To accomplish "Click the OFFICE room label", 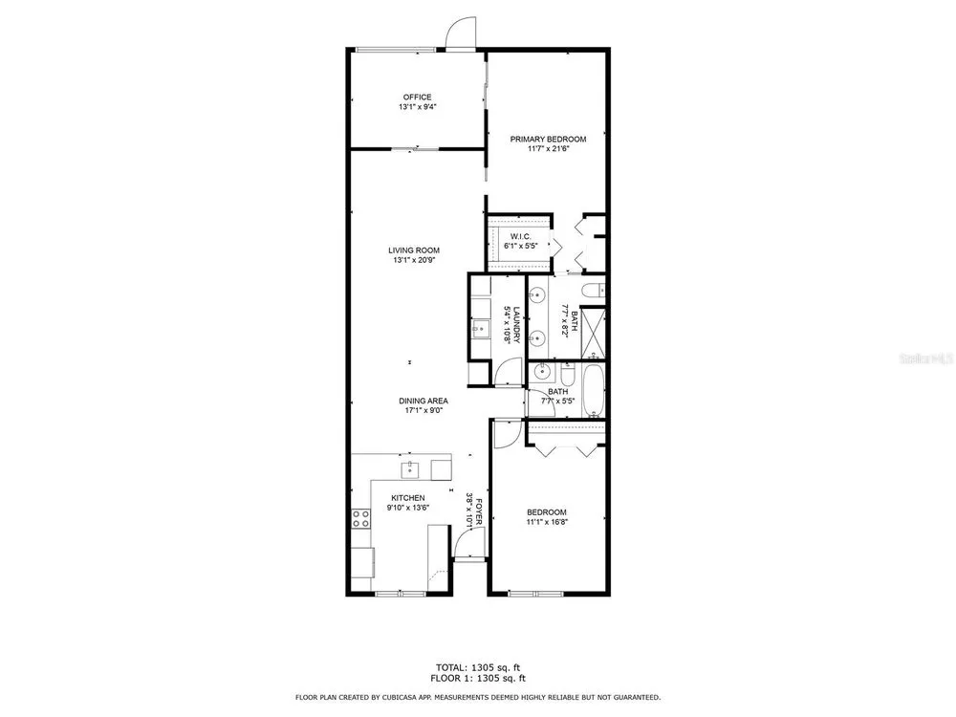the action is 417,97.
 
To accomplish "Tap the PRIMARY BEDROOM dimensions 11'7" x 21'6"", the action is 548,148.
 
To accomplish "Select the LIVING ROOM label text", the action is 414,250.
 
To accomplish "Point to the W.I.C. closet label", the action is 520,236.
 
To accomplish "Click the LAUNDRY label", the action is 516,324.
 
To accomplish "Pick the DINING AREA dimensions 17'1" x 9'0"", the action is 424,410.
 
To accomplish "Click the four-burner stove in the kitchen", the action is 360,518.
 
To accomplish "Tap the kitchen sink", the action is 410,470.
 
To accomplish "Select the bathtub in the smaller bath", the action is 593,391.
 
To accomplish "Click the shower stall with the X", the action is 593,334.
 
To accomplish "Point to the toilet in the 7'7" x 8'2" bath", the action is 592,291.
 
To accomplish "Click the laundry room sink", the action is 480,330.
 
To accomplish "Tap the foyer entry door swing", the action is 470,542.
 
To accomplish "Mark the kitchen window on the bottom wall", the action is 400,594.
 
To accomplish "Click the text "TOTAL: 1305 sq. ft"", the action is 477,667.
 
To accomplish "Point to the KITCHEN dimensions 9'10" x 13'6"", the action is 408,508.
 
